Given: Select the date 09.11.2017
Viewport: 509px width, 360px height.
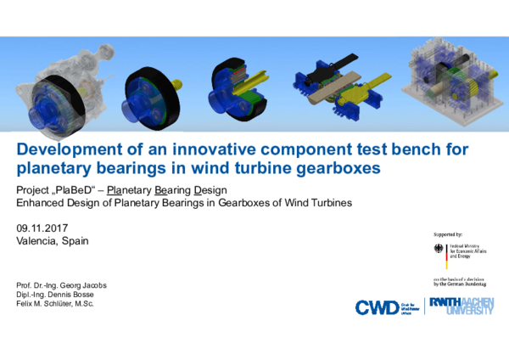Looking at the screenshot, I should [42, 228].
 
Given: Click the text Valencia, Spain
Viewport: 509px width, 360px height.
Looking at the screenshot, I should [52, 240].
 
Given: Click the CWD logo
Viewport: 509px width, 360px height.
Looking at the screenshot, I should [372, 307].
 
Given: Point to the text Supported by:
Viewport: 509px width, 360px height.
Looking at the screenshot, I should [447, 233].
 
